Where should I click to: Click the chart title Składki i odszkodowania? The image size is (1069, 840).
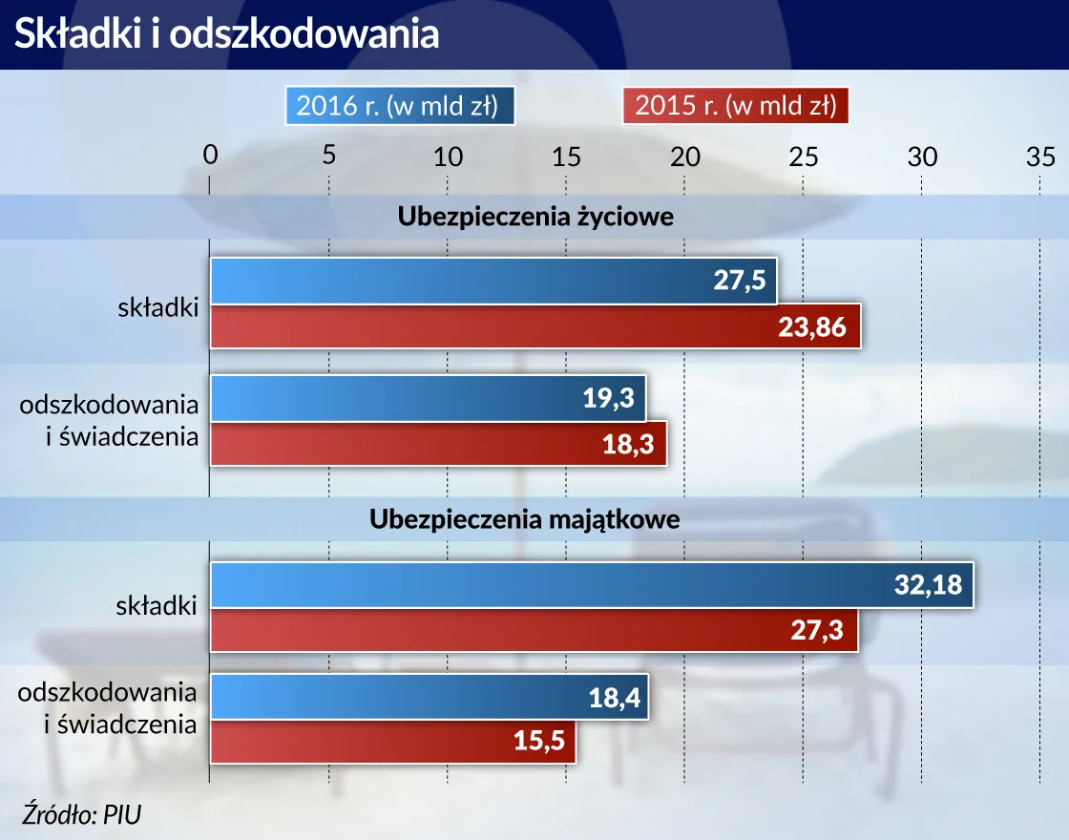click(225, 33)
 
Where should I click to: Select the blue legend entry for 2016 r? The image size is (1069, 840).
click(399, 105)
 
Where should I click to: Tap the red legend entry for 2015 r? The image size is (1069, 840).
click(735, 105)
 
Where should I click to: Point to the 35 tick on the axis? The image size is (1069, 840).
click(1040, 157)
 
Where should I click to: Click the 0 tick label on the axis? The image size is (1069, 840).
click(211, 155)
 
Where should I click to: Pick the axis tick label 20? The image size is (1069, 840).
click(685, 157)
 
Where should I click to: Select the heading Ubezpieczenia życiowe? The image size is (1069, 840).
click(534, 217)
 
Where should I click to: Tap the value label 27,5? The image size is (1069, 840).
click(741, 282)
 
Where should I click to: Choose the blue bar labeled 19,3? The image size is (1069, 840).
click(428, 398)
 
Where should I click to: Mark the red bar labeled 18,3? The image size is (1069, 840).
click(438, 444)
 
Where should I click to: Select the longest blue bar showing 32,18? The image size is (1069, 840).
click(591, 585)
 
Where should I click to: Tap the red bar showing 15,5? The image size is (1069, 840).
click(393, 741)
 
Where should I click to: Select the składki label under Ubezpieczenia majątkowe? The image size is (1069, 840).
click(157, 606)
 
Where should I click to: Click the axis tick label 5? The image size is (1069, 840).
click(328, 155)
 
